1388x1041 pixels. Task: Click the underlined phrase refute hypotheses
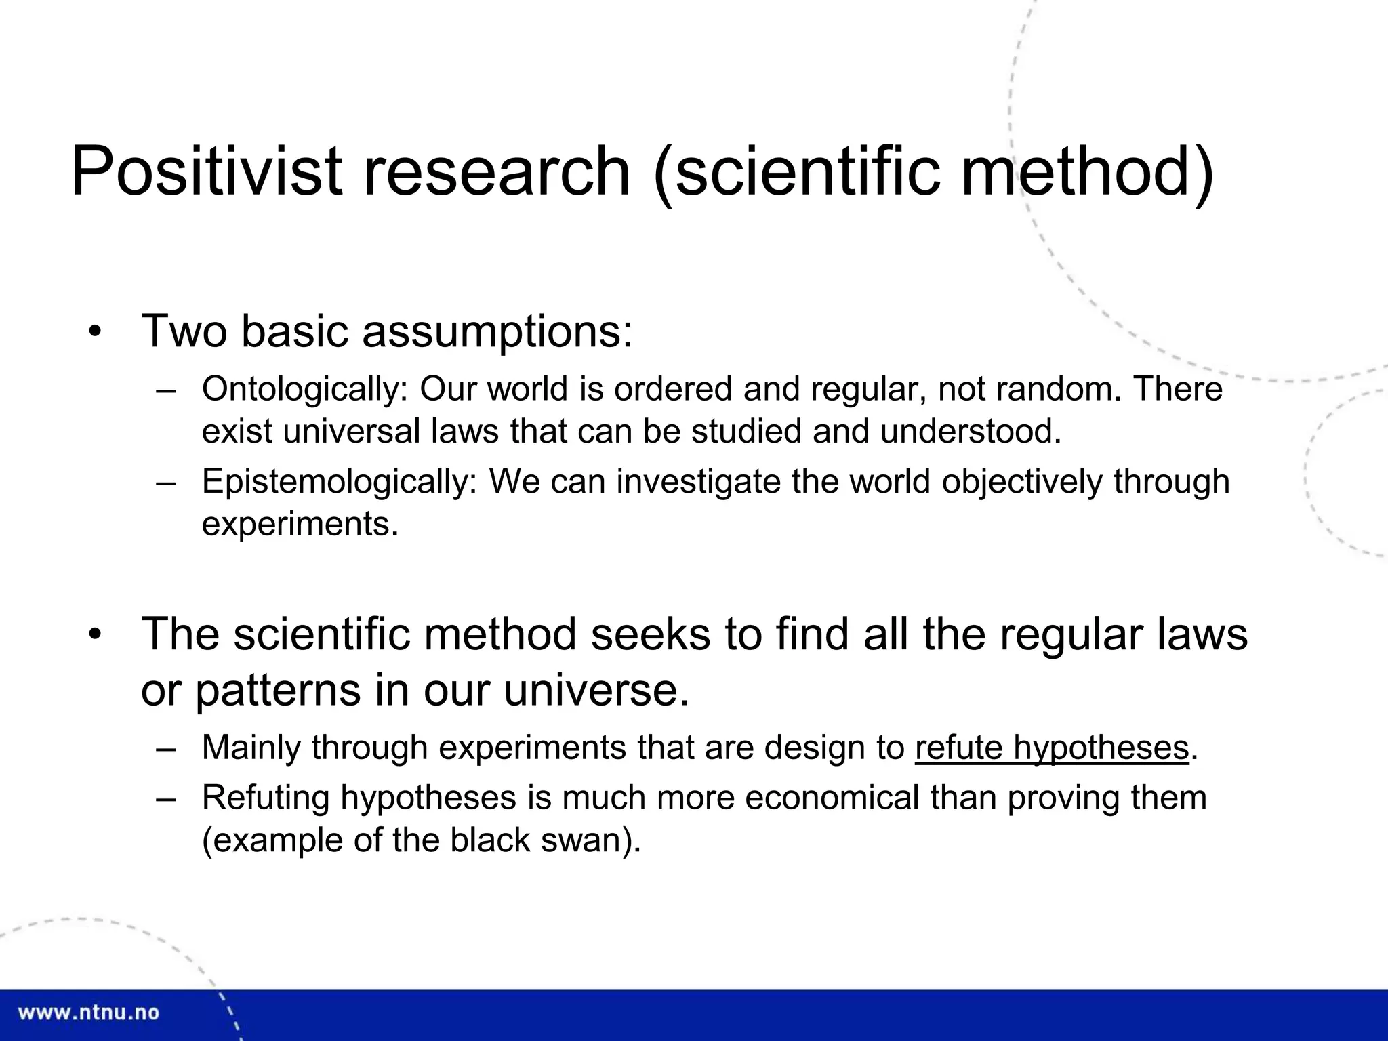coord(1052,748)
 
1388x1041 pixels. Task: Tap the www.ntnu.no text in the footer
coord(88,1013)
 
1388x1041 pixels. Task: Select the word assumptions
coord(497,332)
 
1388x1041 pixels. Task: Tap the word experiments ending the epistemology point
coord(300,524)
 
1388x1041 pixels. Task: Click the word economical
coord(832,798)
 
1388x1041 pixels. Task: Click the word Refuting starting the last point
coord(266,798)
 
